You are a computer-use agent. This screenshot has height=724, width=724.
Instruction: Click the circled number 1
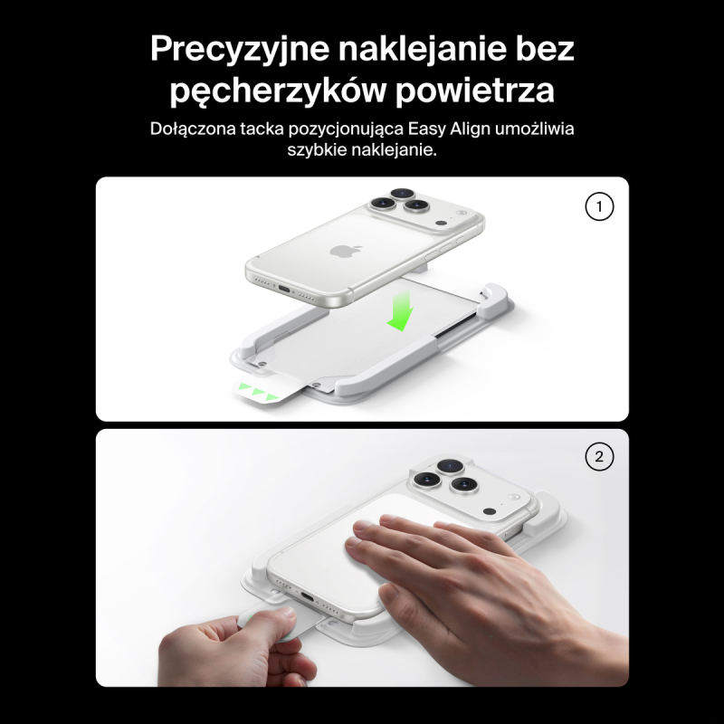pos(599,206)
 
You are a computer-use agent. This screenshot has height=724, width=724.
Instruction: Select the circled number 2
pos(599,458)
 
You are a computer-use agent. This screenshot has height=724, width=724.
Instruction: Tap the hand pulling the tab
pos(231,647)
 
